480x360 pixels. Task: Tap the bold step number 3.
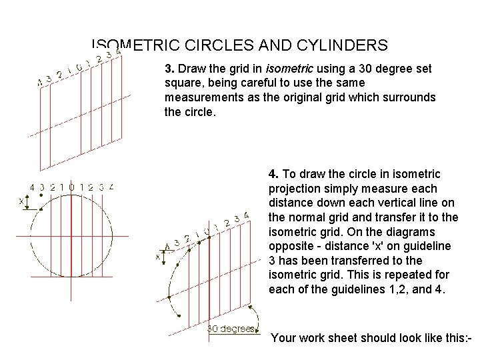(x=168, y=68)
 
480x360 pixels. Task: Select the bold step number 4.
(x=273, y=173)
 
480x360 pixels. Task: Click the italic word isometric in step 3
(x=287, y=68)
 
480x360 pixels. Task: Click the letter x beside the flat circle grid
(x=21, y=200)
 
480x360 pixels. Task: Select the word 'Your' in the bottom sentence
(x=285, y=338)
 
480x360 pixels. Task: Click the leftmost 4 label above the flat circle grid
(x=33, y=187)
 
